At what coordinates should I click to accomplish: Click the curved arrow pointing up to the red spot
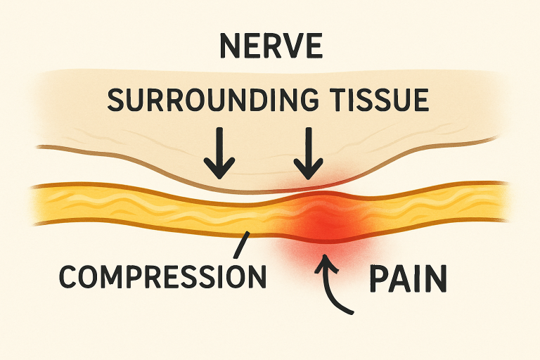tap(334, 288)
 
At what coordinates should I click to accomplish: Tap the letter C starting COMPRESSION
tap(69, 275)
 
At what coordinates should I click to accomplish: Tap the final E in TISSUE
tap(419, 99)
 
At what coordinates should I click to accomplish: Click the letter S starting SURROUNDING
tap(117, 99)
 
